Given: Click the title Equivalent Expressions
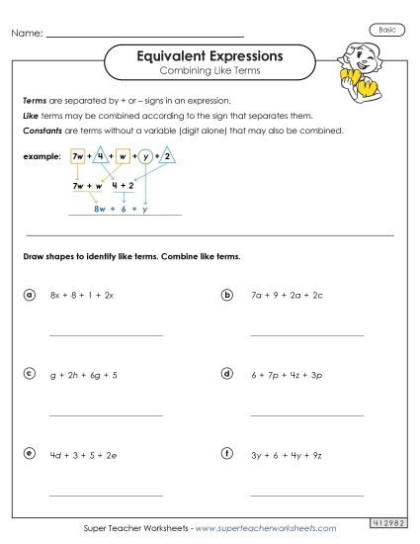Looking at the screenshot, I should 209,56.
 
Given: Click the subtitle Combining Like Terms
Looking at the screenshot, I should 209,73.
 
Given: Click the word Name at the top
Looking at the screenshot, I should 27,34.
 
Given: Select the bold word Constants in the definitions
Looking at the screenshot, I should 42,130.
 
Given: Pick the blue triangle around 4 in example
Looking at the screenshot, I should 102,156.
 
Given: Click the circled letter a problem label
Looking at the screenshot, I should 30,295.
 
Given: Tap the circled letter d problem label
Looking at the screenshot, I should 227,374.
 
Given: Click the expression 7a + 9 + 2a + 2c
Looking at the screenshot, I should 286,295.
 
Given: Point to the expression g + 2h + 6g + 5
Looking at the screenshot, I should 83,375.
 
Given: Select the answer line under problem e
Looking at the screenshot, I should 106,494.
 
